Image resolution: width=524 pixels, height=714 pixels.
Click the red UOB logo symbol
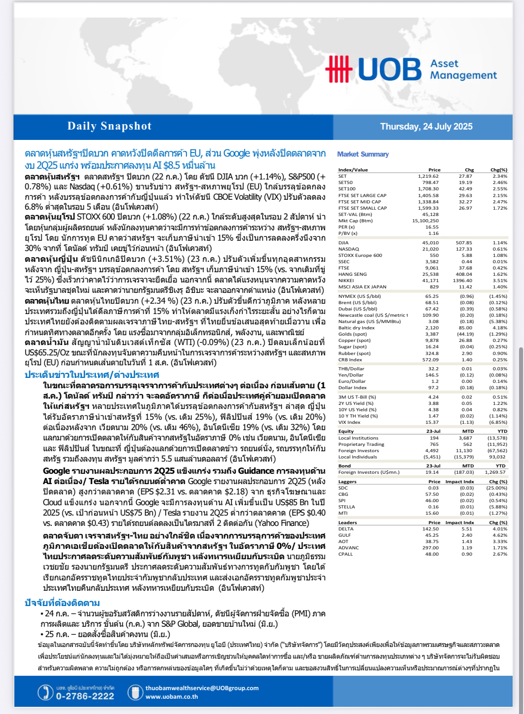[x=339, y=69]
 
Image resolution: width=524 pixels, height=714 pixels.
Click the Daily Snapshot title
[x=109, y=126]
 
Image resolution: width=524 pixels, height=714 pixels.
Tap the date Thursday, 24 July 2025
[x=426, y=126]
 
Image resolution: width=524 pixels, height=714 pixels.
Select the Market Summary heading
[x=363, y=154]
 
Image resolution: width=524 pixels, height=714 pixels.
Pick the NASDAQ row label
[x=349, y=249]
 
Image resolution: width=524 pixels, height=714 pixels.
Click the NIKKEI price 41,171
[x=430, y=281]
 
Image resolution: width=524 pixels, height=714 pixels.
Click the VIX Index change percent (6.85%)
[x=498, y=422]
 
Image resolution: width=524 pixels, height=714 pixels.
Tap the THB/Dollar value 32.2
[x=433, y=369]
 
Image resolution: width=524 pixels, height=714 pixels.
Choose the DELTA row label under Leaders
[x=346, y=529]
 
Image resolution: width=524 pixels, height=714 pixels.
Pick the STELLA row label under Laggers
[x=346, y=507]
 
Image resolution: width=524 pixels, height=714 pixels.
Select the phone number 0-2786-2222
[x=85, y=696]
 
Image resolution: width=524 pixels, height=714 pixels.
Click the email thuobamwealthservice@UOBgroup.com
[x=202, y=688]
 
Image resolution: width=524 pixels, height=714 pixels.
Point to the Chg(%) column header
[x=498, y=170]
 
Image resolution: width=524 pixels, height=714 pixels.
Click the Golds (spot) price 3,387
[x=432, y=334]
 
